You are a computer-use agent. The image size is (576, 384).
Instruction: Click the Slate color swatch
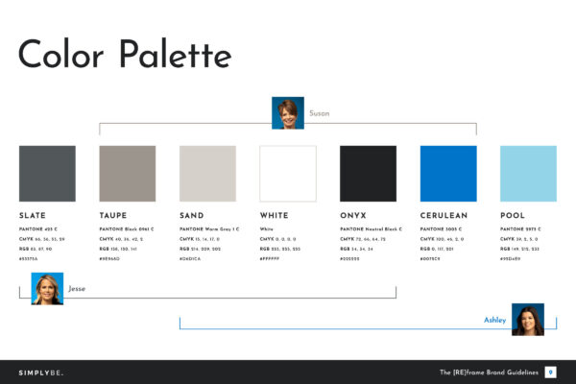pyautogui.click(x=47, y=173)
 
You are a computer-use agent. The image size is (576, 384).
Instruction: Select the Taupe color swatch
pyautogui.click(x=128, y=173)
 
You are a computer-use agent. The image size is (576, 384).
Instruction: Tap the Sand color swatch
pyautogui.click(x=207, y=173)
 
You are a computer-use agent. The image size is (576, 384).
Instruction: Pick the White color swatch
pyautogui.click(x=288, y=173)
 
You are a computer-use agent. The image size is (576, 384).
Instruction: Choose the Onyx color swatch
pyautogui.click(x=368, y=173)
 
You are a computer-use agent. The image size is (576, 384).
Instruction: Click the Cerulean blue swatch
pyautogui.click(x=448, y=173)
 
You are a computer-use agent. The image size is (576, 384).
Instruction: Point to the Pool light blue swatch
pyautogui.click(x=528, y=173)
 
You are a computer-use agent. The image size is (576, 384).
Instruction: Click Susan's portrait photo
pyautogui.click(x=288, y=112)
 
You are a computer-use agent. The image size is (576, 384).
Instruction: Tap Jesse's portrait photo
pyautogui.click(x=47, y=289)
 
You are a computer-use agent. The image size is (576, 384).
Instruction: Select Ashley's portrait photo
pyautogui.click(x=528, y=320)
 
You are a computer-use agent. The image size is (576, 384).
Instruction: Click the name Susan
pyautogui.click(x=319, y=113)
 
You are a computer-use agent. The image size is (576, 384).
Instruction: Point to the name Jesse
pyautogui.click(x=77, y=289)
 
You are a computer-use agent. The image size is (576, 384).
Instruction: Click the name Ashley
pyautogui.click(x=494, y=320)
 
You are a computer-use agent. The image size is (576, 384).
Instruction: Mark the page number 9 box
pyautogui.click(x=550, y=372)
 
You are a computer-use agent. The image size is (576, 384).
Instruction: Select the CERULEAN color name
pyautogui.click(x=444, y=216)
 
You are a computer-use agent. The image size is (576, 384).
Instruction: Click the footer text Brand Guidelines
pyautogui.click(x=504, y=372)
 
